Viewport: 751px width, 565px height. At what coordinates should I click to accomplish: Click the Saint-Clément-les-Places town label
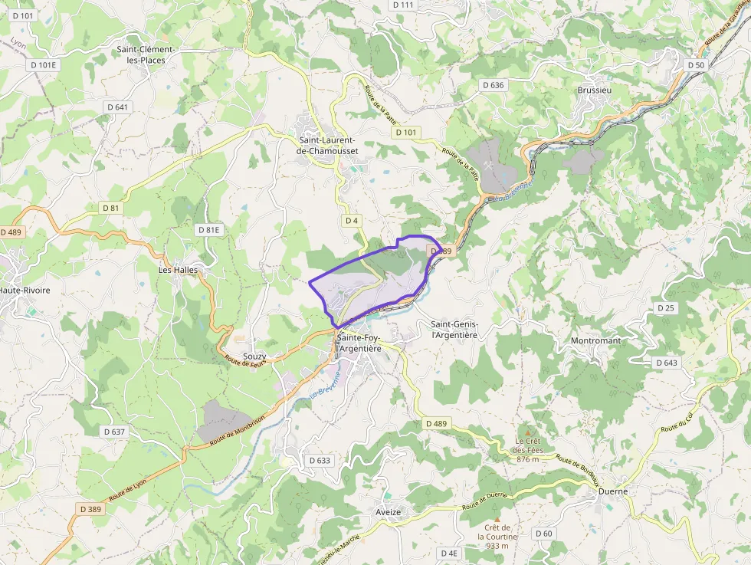[146, 55]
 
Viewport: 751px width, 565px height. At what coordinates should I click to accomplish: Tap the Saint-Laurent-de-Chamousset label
[327, 146]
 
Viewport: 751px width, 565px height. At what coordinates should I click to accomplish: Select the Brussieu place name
[595, 90]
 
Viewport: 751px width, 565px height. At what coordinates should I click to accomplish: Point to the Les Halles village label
[178, 270]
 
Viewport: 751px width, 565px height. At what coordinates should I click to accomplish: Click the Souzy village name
[254, 357]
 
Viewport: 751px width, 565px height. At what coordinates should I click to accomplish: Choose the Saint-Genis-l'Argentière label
[454, 330]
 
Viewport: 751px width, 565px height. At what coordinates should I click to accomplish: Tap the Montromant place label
[595, 340]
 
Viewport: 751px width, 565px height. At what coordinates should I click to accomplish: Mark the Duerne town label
[613, 491]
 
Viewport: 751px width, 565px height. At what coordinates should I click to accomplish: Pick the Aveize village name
[389, 512]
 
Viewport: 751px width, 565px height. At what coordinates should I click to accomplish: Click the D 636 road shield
[492, 85]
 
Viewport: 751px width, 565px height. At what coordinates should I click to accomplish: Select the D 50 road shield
[695, 65]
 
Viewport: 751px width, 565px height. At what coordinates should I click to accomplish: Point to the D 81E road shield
[208, 230]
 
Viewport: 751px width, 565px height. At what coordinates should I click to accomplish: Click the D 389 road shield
[90, 509]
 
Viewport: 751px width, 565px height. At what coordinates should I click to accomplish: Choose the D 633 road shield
[320, 461]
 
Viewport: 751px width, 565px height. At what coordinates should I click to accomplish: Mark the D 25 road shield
[666, 307]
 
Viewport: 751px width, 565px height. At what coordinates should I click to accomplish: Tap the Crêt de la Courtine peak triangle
[497, 519]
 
